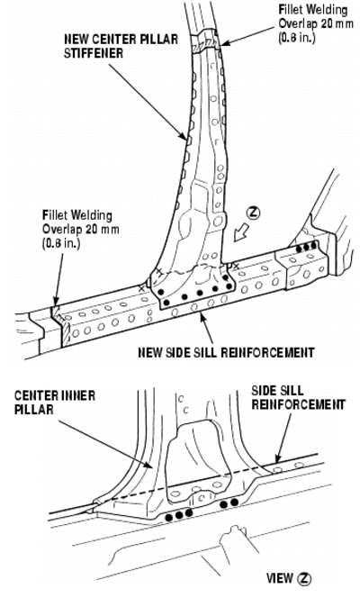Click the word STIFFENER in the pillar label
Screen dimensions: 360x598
pyautogui.click(x=94, y=52)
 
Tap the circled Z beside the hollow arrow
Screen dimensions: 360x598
pyautogui.click(x=254, y=213)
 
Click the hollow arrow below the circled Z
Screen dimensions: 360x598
pyautogui.click(x=241, y=232)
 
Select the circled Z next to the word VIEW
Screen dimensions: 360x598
pyautogui.click(x=304, y=579)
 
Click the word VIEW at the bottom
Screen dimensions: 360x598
pyautogui.click(x=280, y=578)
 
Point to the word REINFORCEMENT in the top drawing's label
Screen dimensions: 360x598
pyautogui.click(x=267, y=352)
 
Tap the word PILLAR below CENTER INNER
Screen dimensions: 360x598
pyautogui.click(x=34, y=410)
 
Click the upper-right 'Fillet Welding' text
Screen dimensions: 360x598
pyautogui.click(x=313, y=10)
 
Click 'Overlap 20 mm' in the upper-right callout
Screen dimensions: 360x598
pyautogui.click(x=316, y=23)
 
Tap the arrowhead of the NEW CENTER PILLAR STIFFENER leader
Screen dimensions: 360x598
pyautogui.click(x=184, y=137)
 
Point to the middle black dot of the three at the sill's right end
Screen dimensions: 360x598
pyautogui.click(x=306, y=249)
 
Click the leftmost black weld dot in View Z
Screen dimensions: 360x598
pyautogui.click(x=169, y=517)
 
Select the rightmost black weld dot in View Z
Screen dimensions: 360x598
pyautogui.click(x=234, y=503)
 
